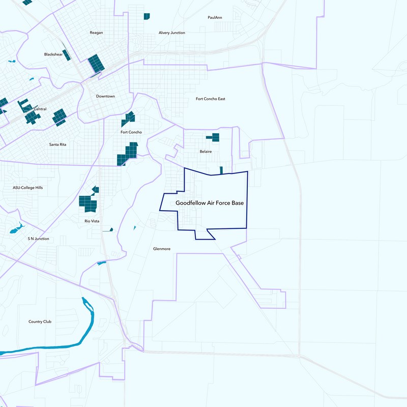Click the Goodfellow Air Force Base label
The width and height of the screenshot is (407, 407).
click(x=210, y=203)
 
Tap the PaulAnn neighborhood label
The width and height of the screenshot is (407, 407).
click(x=215, y=17)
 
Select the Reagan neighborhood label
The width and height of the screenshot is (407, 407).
click(x=96, y=33)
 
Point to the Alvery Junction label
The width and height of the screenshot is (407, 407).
click(x=171, y=33)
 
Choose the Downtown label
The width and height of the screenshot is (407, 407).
click(x=105, y=96)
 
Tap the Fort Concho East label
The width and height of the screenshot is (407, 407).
click(x=210, y=99)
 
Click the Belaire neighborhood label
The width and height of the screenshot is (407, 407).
click(x=206, y=152)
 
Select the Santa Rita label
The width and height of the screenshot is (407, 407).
click(x=57, y=144)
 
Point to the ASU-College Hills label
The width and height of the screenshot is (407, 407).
click(x=28, y=188)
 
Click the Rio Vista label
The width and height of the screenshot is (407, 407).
click(x=92, y=221)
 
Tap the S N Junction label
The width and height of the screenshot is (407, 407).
click(x=38, y=239)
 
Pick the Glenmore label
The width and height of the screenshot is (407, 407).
click(x=161, y=249)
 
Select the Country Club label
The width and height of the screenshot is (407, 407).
click(x=40, y=322)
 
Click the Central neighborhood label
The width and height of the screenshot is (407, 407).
click(x=40, y=109)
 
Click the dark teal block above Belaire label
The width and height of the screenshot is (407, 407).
click(x=213, y=137)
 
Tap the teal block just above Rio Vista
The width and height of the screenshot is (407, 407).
click(x=88, y=203)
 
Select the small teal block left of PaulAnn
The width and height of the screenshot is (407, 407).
click(x=147, y=16)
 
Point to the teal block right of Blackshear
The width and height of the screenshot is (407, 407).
click(x=96, y=63)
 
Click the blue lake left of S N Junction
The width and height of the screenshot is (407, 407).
click(x=16, y=228)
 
